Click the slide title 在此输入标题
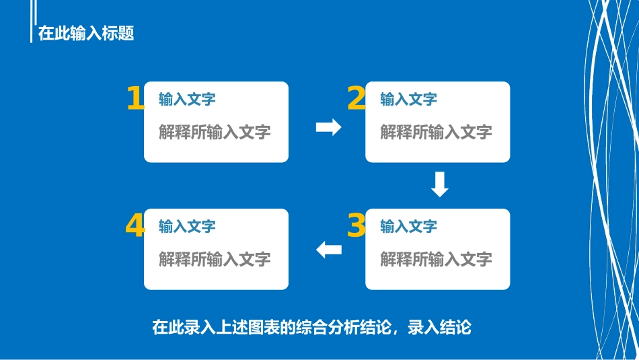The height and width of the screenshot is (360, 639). point(86,33)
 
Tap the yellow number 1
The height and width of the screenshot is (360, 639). point(135,98)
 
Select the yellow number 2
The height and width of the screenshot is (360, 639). point(356,98)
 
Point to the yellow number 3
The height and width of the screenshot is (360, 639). point(356,226)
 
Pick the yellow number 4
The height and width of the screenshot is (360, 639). point(135,226)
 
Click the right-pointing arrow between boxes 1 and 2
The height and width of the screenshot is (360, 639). point(328,127)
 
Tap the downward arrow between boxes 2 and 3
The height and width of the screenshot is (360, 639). point(439,185)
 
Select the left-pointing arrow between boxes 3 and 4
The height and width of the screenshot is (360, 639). point(329,250)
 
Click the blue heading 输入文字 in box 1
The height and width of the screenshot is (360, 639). point(187,100)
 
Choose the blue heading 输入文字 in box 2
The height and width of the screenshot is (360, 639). point(408,100)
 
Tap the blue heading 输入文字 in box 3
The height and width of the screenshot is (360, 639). point(408,227)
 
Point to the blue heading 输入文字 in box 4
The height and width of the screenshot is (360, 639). point(187,227)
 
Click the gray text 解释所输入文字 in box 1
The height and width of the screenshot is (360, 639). point(215,132)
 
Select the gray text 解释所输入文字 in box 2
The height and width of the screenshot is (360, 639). point(436,132)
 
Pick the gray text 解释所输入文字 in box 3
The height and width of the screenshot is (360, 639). point(436,259)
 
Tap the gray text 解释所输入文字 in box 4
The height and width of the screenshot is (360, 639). point(215,259)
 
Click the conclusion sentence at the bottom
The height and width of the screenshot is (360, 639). point(311,328)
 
